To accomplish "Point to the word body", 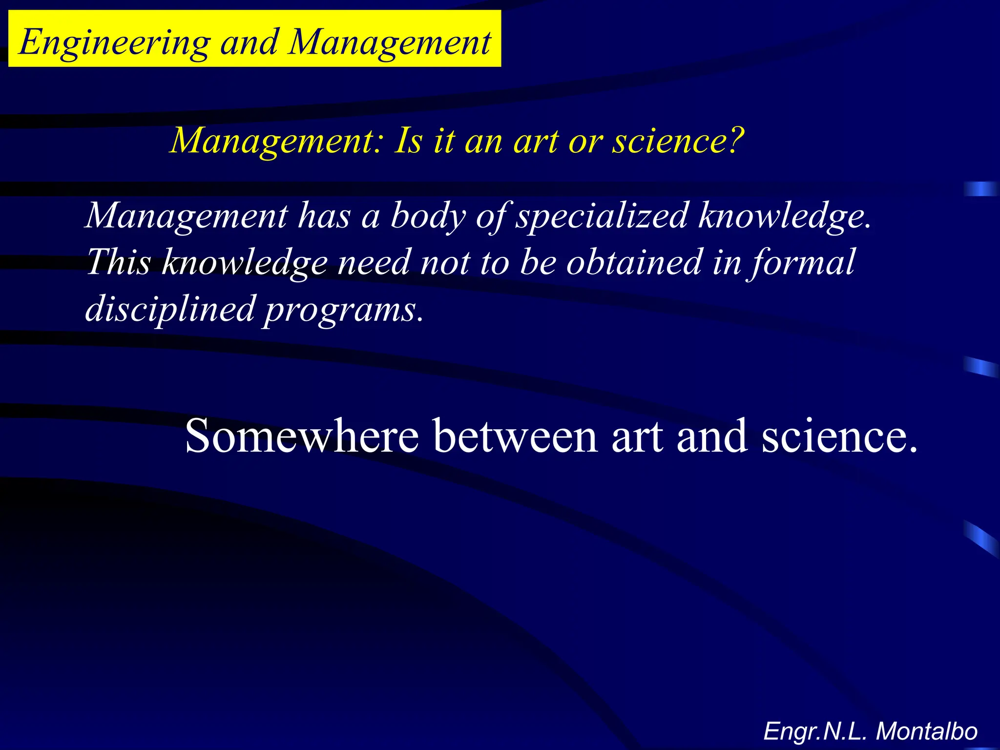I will pyautogui.click(x=428, y=216).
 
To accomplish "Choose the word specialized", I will pyautogui.click(x=602, y=216).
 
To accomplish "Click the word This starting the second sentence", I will pyautogui.click(x=119, y=262).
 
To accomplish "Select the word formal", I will pyautogui.click(x=801, y=263).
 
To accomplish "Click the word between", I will pyautogui.click(x=515, y=436).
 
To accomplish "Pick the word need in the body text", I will pyautogui.click(x=374, y=262).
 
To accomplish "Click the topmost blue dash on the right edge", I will pyautogui.click(x=980, y=188).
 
